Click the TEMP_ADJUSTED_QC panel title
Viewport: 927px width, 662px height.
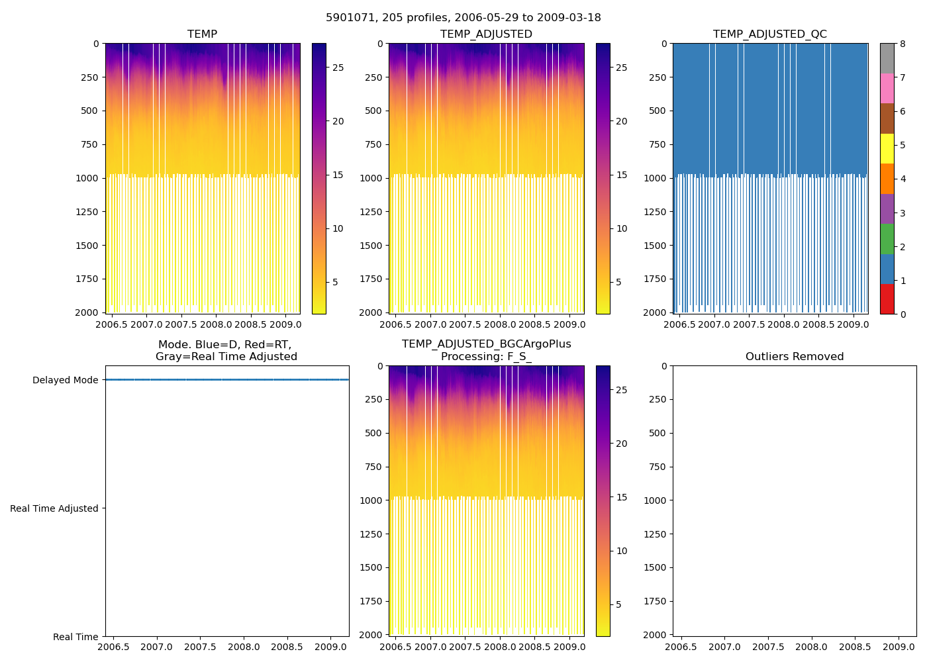point(769,34)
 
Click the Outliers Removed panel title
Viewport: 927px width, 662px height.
point(795,357)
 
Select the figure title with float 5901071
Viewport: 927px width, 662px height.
point(463,18)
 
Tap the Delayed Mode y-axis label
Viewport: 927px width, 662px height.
point(65,381)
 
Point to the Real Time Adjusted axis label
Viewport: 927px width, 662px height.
point(54,509)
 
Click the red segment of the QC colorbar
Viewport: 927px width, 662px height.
point(887,299)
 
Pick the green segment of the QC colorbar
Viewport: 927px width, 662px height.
point(887,239)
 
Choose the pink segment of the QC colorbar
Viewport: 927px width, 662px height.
point(887,88)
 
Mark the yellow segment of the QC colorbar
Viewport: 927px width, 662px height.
point(887,148)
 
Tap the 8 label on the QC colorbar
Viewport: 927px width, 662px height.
point(903,44)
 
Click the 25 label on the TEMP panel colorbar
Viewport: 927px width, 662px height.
point(338,68)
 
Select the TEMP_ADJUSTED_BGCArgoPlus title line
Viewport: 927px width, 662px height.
point(486,344)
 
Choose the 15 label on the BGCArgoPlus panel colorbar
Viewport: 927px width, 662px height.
point(622,498)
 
